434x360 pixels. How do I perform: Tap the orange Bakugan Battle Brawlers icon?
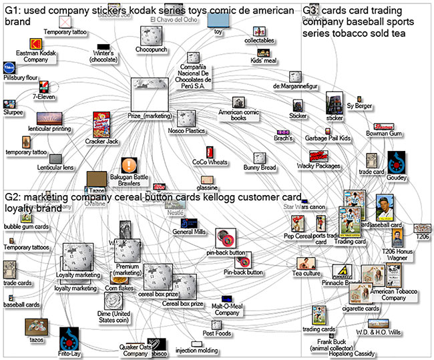128,166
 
